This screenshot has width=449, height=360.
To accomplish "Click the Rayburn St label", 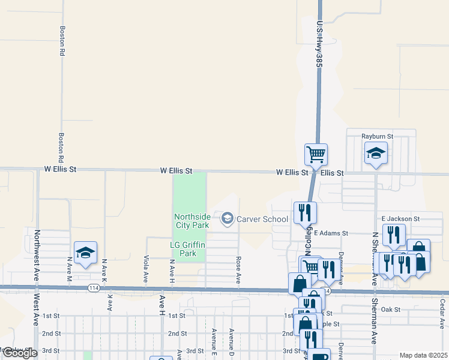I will pos(377,136).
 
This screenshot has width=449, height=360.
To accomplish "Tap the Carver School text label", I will pos(262,219).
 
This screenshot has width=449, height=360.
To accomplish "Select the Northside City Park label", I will pos(191,221).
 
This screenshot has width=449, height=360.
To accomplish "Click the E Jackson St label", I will pos(400,219).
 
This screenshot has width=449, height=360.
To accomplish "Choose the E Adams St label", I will pos(331,233).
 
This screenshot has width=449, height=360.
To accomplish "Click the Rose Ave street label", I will pos(238,270).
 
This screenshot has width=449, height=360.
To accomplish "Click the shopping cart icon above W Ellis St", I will pos(316,154).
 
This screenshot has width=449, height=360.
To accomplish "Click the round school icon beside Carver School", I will pos(228,219).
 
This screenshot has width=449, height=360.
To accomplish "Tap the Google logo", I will pos(19,353).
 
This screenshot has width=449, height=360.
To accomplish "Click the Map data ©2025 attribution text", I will pos(423,355).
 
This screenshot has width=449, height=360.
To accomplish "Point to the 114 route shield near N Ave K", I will pos(93,287).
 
